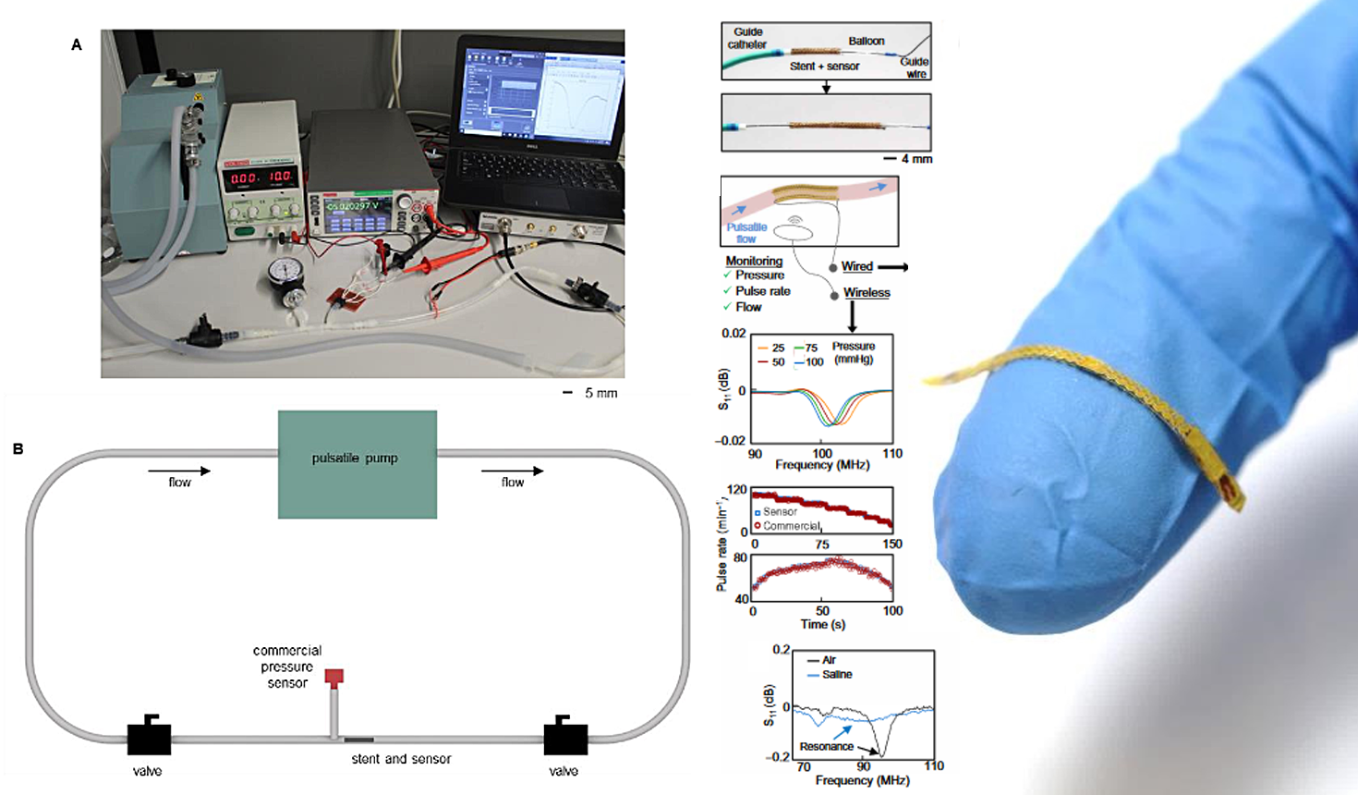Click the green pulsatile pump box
(x=357, y=464)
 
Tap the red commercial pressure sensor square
(x=334, y=677)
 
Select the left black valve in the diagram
(x=149, y=737)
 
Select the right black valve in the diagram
(x=565, y=737)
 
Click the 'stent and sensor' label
(x=401, y=759)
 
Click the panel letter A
(x=77, y=44)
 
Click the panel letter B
(x=18, y=449)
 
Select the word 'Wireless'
(x=867, y=293)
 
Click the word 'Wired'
(x=856, y=266)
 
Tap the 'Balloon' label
(x=867, y=41)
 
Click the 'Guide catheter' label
(x=747, y=38)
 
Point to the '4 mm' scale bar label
(x=916, y=159)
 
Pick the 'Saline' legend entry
(x=836, y=675)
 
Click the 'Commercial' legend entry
(x=792, y=526)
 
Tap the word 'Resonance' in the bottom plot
(x=826, y=747)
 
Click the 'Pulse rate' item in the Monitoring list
(x=762, y=291)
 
